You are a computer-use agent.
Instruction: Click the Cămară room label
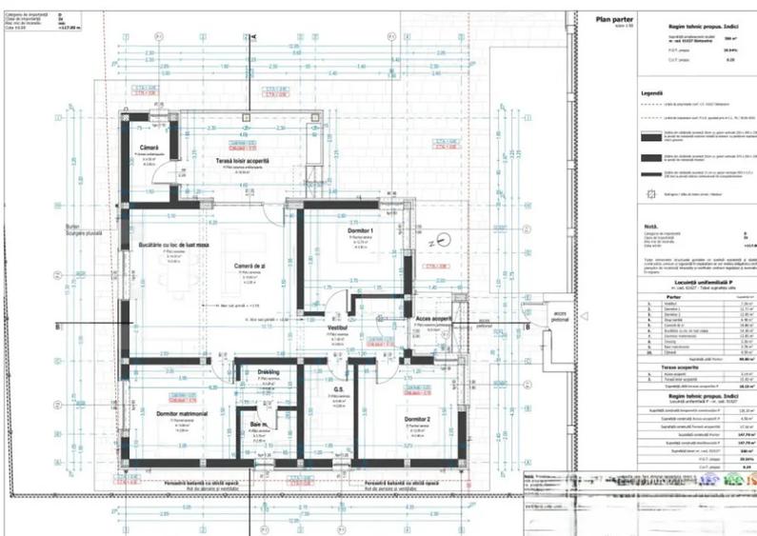click(149, 147)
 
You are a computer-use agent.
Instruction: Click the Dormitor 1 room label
click(359, 230)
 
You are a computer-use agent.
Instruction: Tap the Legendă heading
click(652, 93)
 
